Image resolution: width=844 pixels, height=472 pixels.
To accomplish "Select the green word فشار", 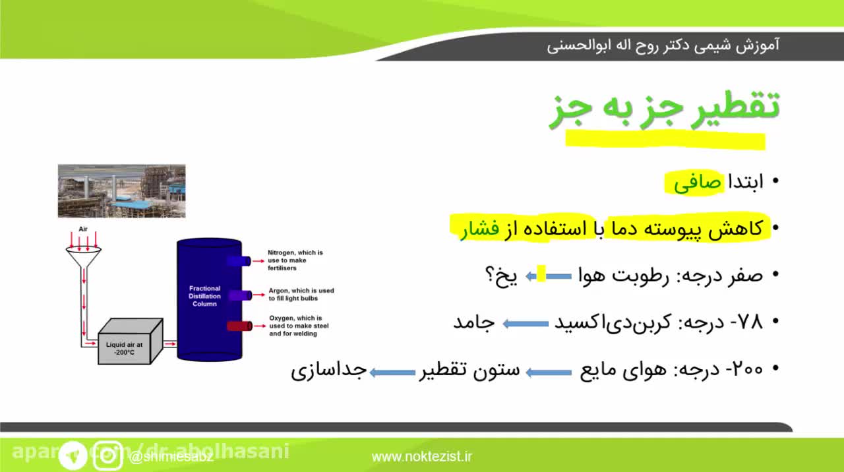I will (480, 229).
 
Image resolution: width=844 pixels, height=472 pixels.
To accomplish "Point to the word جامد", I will (474, 322).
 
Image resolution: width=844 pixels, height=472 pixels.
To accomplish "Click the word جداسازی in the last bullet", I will (328, 370).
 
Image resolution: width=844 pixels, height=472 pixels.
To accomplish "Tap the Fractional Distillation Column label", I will (204, 296).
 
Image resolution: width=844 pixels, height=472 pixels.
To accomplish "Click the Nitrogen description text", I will (295, 260).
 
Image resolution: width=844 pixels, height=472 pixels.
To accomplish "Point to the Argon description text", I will (301, 295).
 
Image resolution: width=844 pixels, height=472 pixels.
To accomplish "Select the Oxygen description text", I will (299, 326).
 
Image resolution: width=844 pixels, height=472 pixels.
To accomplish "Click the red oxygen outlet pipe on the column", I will (239, 326).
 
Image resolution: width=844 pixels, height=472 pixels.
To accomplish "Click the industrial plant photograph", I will (121, 191).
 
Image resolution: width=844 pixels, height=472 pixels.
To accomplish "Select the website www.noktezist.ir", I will (422, 456).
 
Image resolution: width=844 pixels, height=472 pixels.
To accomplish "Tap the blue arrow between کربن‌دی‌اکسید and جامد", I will (526, 323).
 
